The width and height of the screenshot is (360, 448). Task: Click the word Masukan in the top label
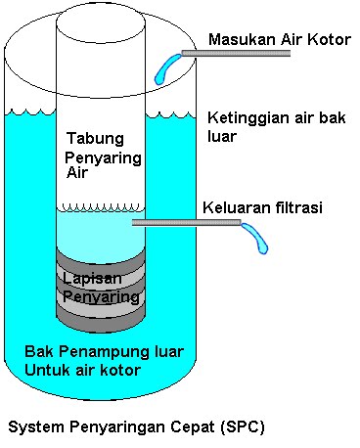(x=237, y=40)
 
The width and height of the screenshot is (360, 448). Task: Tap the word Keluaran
(x=235, y=207)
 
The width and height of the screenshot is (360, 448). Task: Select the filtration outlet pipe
(x=186, y=224)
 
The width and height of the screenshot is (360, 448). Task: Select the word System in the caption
(x=31, y=426)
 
